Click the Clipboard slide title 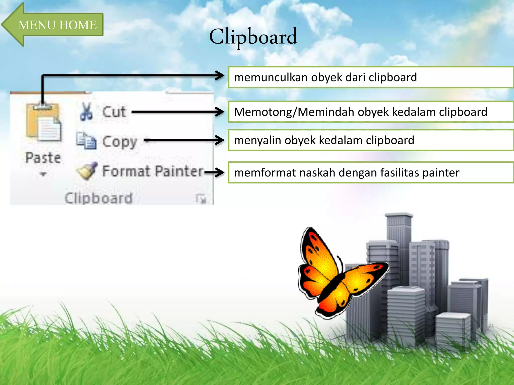click(x=253, y=37)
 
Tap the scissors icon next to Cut click(x=86, y=112)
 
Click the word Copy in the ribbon click(x=120, y=142)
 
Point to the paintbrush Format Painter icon click(x=87, y=171)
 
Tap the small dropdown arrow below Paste click(x=43, y=174)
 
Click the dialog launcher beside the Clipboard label click(x=201, y=199)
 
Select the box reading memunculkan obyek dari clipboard click(x=370, y=77)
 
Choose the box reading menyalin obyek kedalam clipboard click(x=370, y=140)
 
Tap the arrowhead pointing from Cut click(x=220, y=112)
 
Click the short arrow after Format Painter click(x=214, y=172)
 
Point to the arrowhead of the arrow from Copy click(x=220, y=140)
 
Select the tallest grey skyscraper click(x=399, y=233)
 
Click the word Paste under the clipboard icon click(x=43, y=158)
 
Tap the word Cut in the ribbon click(x=114, y=112)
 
